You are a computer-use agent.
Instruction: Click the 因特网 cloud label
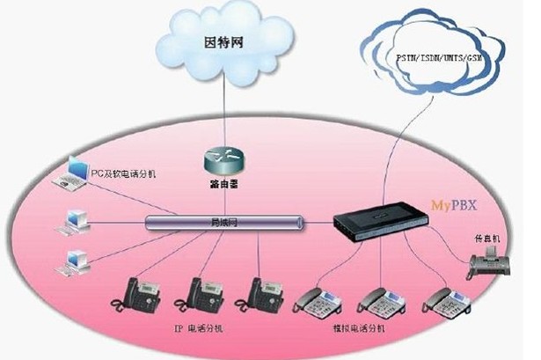[223, 40]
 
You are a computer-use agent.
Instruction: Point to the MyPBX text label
[454, 203]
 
